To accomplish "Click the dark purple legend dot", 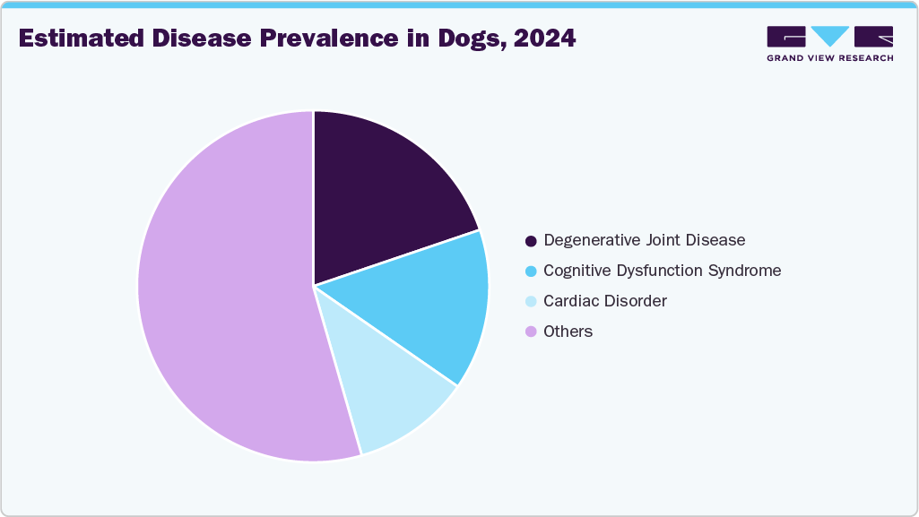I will click(x=531, y=241).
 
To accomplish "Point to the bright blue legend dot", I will click(x=531, y=271).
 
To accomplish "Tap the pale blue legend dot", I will click(x=531, y=302).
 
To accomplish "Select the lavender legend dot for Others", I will click(x=531, y=332).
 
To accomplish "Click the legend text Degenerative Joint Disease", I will click(x=644, y=240).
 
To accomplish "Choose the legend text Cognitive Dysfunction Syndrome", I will click(x=662, y=271).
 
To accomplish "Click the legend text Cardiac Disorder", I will click(x=605, y=301).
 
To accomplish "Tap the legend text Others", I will click(x=568, y=332).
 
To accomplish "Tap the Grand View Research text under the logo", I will click(x=829, y=58).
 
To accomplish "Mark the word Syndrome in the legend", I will click(x=747, y=271).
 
